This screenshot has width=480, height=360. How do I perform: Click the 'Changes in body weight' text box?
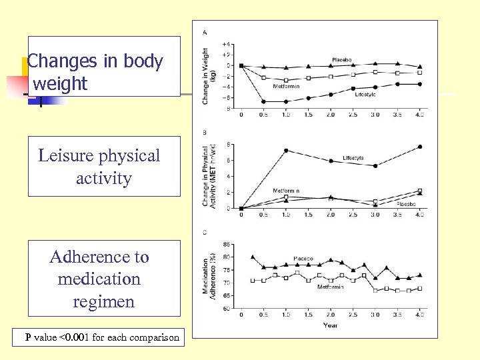coord(103,67)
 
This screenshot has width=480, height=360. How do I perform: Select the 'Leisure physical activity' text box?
coord(103,167)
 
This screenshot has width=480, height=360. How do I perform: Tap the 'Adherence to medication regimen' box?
coord(103,279)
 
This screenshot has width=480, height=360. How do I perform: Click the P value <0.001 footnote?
coord(102,337)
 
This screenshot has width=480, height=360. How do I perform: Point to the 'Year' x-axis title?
coord(330,325)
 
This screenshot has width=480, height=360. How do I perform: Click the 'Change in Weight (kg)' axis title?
coord(209,74)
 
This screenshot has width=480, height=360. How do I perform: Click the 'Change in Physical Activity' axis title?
coord(209,175)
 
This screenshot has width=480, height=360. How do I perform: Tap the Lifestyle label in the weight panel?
coord(365,95)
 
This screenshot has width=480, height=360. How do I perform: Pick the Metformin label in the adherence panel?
coord(331,287)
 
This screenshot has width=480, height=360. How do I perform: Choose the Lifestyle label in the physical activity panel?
coord(353,158)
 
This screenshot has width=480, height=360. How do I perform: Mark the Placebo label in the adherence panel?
coord(303,259)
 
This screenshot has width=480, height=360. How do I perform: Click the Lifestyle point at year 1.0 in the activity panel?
coord(286,151)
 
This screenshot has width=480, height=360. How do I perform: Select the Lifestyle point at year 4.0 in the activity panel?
coord(419,147)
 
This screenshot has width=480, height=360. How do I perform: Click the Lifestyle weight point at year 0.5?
coord(263,101)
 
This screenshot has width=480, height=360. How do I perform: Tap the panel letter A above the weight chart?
coord(204,32)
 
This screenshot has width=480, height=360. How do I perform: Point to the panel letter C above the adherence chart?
coord(204,232)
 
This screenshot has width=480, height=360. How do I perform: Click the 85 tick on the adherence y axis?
coord(228,244)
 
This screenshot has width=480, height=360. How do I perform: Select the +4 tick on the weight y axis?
coord(227,44)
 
